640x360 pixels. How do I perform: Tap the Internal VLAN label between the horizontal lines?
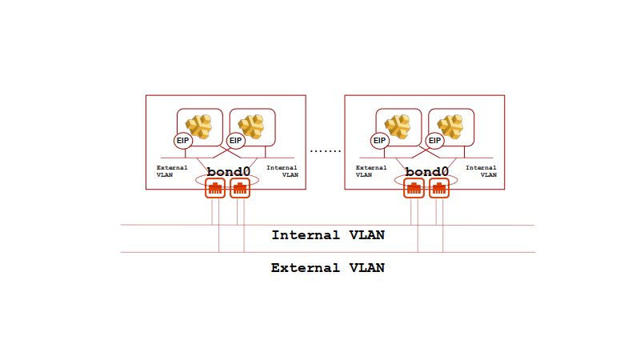[x=328, y=235]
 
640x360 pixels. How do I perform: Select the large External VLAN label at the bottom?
[x=328, y=268]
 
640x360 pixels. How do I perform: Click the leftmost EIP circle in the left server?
[x=183, y=140]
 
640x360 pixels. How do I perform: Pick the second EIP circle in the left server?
[x=235, y=140]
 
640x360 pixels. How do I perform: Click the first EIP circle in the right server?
[x=381, y=140]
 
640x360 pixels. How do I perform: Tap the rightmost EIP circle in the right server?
[x=434, y=140]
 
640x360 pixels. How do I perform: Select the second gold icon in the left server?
[x=252, y=126]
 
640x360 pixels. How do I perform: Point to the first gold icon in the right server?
[x=397, y=126]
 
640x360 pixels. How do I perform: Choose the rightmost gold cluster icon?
[x=450, y=126]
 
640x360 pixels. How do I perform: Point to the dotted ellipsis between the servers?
[x=325, y=150]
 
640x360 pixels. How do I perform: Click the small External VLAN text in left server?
[x=171, y=170]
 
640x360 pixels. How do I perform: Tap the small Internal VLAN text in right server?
[x=481, y=170]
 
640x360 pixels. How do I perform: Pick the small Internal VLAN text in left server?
[x=282, y=170]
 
